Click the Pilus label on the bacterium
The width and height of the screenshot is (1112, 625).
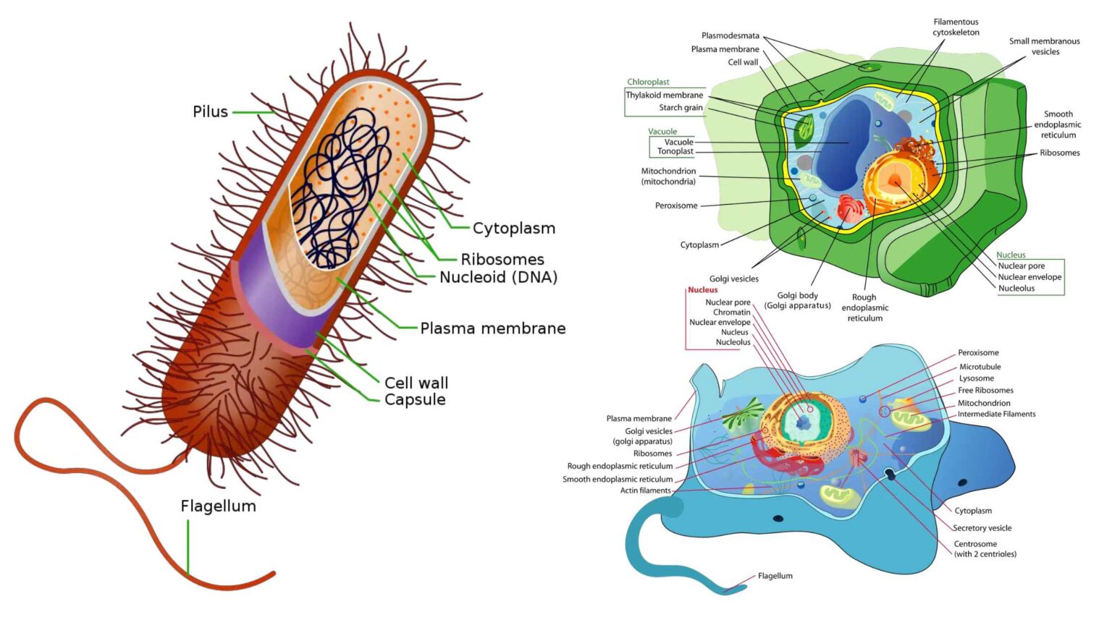coord(210,111)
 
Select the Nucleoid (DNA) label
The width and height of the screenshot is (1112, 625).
coord(498,277)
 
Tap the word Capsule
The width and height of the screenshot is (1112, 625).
coord(415,400)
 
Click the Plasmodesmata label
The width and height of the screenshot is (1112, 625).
coord(730,35)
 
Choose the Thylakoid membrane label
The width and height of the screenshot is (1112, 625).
coord(664,95)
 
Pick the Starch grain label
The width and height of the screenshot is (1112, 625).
coord(681,108)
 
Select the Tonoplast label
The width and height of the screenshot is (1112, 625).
coord(675,151)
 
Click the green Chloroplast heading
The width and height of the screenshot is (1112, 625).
coord(648,82)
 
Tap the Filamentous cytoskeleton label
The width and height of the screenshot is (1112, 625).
coord(956,27)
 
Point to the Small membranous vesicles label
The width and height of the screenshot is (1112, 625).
coord(1044,46)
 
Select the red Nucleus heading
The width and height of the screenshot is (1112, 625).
coord(702,290)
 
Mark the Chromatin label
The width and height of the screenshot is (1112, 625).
coord(731,312)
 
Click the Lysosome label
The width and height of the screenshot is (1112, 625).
coord(976,378)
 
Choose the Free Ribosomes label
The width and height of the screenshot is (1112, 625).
coord(985,391)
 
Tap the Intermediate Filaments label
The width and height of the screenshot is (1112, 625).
coord(996,414)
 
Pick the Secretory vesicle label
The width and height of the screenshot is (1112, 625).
coord(982,528)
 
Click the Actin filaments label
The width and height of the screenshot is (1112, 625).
coord(645,490)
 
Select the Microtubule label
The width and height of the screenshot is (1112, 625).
coord(980,367)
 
